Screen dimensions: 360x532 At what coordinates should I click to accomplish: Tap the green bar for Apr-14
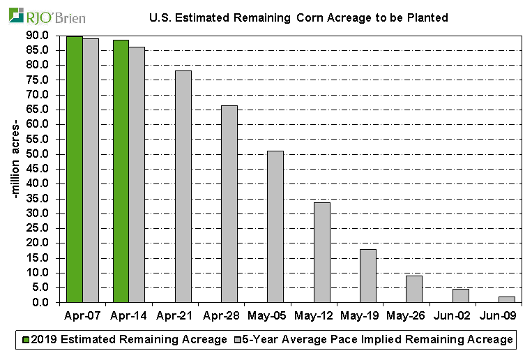point(121,172)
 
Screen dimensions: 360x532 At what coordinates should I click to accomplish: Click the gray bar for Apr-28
point(229,204)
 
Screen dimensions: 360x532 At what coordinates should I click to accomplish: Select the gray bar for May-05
point(275,227)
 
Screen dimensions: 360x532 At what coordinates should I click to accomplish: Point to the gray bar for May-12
point(322,253)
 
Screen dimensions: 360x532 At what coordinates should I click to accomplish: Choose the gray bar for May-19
point(368,276)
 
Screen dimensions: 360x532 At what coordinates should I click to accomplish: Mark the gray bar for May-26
point(414,289)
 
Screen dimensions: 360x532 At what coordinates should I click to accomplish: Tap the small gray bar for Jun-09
point(507,299)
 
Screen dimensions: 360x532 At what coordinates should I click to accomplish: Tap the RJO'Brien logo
point(47,15)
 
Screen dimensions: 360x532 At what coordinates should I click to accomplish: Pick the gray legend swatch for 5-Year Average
point(237,340)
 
